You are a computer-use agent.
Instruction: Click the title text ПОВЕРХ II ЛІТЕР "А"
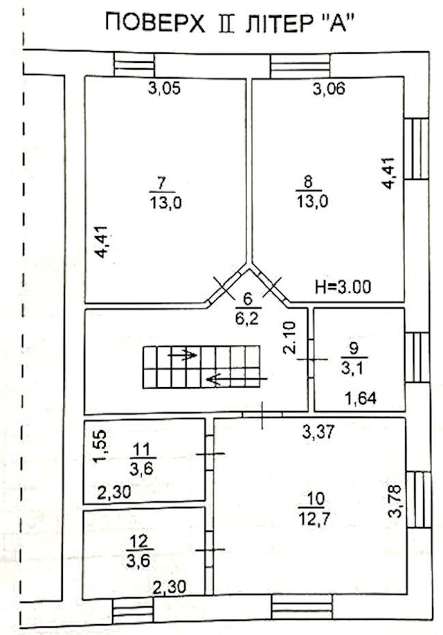click(x=227, y=23)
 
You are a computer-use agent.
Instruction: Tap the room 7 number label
click(x=162, y=184)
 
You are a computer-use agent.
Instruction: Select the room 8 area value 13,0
click(x=312, y=201)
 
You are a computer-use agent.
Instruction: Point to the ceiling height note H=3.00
click(x=343, y=287)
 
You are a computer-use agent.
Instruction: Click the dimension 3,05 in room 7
click(x=164, y=88)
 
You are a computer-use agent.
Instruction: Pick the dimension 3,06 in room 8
click(x=329, y=88)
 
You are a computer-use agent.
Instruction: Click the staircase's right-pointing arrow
click(x=183, y=355)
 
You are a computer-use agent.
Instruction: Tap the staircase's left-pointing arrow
click(x=236, y=380)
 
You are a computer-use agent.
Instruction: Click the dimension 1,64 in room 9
click(x=360, y=399)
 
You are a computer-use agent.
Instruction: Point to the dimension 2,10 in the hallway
click(x=291, y=338)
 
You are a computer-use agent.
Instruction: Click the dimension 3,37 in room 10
click(x=319, y=432)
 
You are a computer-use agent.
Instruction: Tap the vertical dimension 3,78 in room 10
click(x=395, y=501)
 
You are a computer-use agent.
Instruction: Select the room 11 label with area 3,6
click(x=143, y=460)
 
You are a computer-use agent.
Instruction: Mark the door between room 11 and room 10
click(x=210, y=453)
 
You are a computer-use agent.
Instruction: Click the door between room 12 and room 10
click(x=210, y=550)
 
